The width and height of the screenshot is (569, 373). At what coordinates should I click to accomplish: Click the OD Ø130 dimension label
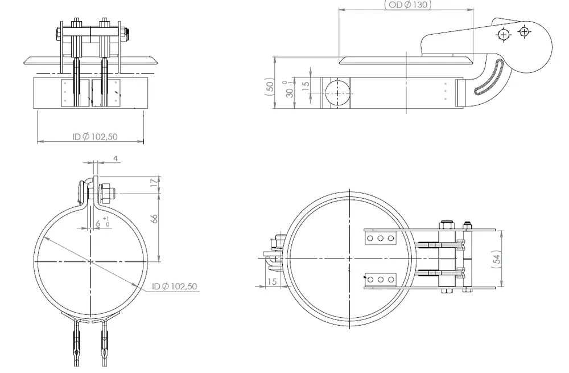(408, 5)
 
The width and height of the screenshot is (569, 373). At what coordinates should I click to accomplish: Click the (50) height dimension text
(270, 87)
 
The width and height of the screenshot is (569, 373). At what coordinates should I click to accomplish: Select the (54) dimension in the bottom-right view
(497, 259)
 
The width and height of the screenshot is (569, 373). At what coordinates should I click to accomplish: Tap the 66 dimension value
(155, 218)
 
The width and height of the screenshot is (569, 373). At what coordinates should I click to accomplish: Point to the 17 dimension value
(155, 182)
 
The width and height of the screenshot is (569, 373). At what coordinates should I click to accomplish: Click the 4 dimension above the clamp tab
(116, 158)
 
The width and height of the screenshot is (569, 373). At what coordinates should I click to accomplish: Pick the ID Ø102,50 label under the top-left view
(94, 137)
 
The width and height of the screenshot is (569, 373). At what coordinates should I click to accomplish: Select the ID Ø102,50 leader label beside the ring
(175, 286)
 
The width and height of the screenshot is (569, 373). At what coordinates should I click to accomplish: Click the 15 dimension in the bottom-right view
(272, 281)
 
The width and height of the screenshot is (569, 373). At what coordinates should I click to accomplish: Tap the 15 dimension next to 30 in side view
(306, 86)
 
